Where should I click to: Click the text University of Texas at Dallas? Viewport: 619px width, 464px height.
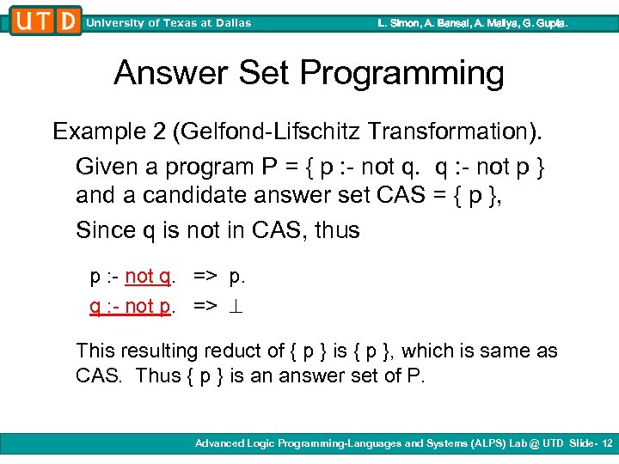pyautogui.click(x=169, y=23)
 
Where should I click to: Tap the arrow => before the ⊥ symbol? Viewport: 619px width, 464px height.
pyautogui.click(x=205, y=306)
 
